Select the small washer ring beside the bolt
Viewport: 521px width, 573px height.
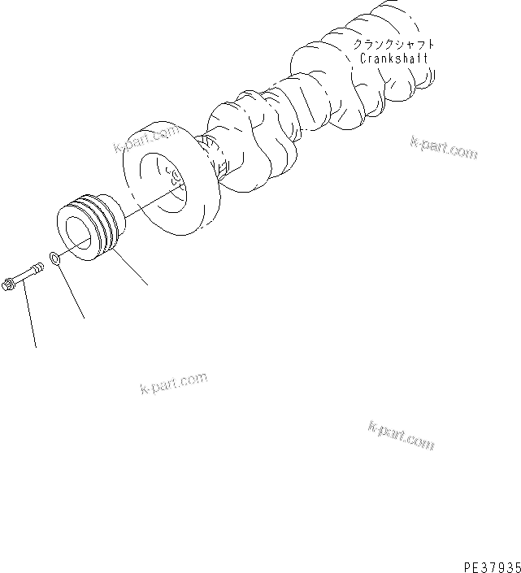54,258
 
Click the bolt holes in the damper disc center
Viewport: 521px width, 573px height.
173,173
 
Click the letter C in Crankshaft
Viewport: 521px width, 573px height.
362,59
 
